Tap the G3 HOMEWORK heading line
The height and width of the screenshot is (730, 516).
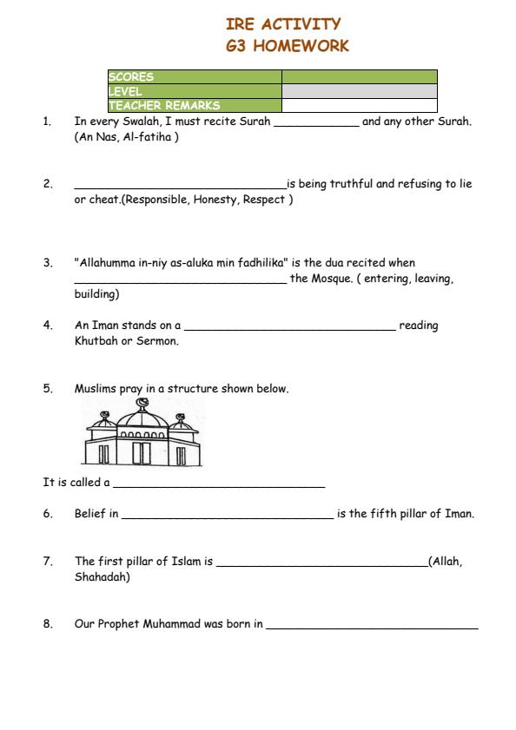click(x=287, y=46)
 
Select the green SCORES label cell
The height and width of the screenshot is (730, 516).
click(x=194, y=76)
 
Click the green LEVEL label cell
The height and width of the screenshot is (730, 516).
click(x=194, y=91)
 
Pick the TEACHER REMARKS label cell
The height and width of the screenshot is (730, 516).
click(x=194, y=106)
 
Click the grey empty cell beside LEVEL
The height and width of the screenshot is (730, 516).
click(x=359, y=91)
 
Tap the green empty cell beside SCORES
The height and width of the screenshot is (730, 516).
click(x=359, y=76)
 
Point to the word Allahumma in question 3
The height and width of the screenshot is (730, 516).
click(x=105, y=262)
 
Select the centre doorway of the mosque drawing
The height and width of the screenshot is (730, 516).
click(x=142, y=452)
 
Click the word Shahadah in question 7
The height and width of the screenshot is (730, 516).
click(x=102, y=576)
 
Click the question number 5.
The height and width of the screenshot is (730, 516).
click(x=48, y=389)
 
